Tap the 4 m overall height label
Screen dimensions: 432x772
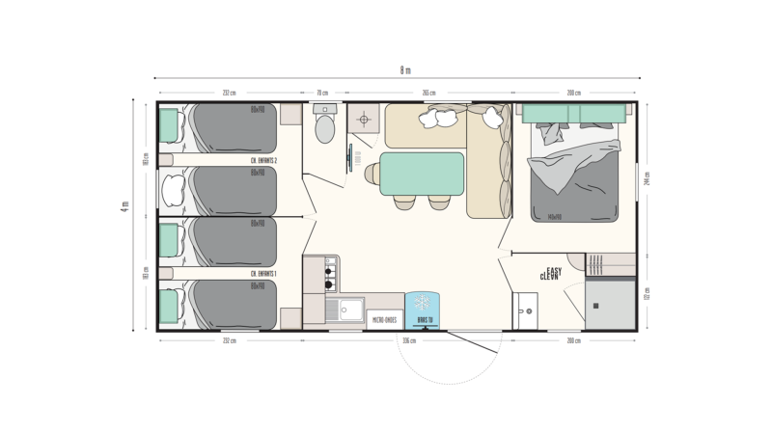pos(124,214)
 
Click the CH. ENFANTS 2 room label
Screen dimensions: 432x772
pos(263,160)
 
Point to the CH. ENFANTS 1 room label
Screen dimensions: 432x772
pos(263,275)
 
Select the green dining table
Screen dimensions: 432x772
pos(423,174)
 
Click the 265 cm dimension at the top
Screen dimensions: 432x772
pos(427,93)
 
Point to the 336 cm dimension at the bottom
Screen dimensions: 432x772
pos(409,340)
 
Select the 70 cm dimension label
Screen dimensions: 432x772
pos(323,93)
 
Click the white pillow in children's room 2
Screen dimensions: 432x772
pos(173,189)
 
